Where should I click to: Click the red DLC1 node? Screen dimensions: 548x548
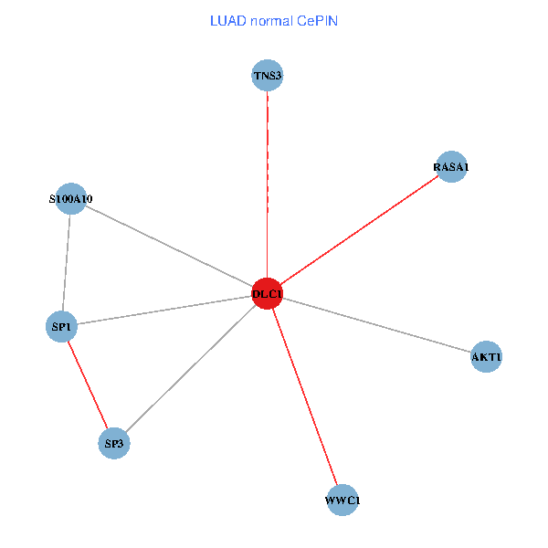pyautogui.click(x=267, y=293)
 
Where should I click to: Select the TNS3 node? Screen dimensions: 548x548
pyautogui.click(x=267, y=76)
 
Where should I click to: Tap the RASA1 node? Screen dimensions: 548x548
pyautogui.click(x=451, y=167)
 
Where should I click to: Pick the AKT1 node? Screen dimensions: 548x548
pyautogui.click(x=486, y=356)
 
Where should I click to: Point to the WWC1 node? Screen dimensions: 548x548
pyautogui.click(x=342, y=501)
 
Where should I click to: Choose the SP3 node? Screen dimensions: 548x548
pyautogui.click(x=114, y=444)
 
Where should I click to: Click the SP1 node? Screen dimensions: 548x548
pyautogui.click(x=61, y=326)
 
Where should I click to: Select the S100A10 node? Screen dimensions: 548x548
pyautogui.click(x=70, y=198)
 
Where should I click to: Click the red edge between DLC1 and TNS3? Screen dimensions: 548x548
pyautogui.click(x=267, y=183)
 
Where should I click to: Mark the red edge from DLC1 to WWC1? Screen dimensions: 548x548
pyautogui.click(x=304, y=396)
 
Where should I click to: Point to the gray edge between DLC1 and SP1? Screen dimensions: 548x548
pyautogui.click(x=164, y=310)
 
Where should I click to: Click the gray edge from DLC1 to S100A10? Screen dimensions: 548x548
pyautogui.click(x=169, y=246)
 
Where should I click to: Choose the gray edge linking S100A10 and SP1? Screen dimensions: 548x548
pyautogui.click(x=66, y=262)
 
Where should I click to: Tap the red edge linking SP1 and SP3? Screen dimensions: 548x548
pyautogui.click(x=88, y=385)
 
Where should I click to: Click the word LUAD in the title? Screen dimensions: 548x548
pyautogui.click(x=227, y=21)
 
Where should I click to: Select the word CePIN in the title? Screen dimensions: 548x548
pyautogui.click(x=318, y=21)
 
